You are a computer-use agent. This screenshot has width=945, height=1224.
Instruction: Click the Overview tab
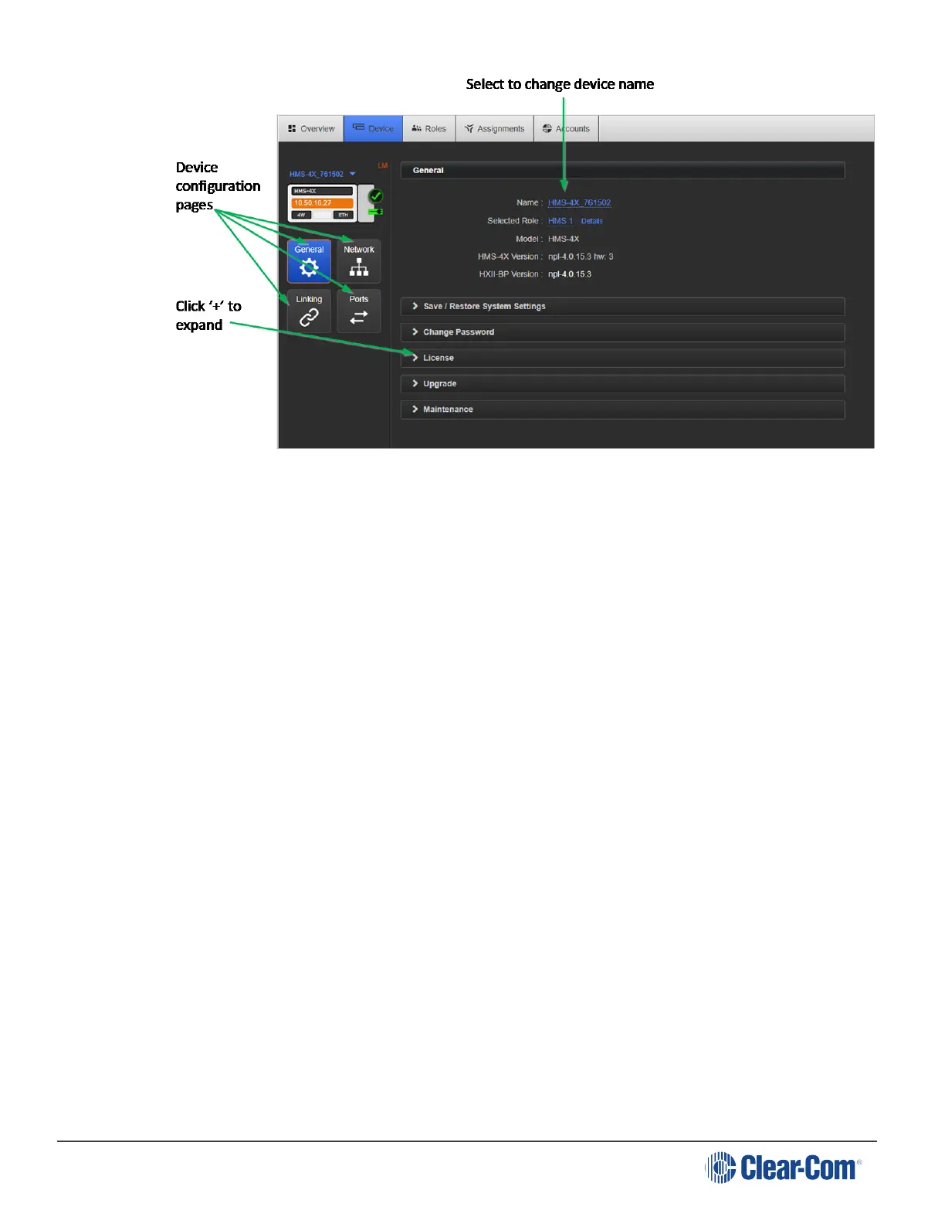coord(311,129)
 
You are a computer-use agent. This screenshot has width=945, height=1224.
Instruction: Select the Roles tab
coord(429,129)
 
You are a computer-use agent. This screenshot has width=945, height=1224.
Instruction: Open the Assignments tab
coord(495,129)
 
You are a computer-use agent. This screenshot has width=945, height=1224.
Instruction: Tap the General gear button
coord(309,261)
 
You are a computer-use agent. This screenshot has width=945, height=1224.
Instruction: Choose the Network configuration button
coord(359,261)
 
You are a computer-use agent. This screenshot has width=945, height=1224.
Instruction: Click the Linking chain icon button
coord(309,311)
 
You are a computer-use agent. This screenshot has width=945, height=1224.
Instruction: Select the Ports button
coord(359,311)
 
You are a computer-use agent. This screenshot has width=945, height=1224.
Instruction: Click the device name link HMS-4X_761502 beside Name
coord(579,203)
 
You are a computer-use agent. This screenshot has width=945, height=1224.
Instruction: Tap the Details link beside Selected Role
coord(591,221)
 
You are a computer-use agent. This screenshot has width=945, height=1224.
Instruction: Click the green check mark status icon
coord(376,196)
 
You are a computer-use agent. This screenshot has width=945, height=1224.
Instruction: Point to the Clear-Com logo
coord(783,1168)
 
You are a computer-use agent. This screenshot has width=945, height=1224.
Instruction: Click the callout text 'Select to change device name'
coord(560,84)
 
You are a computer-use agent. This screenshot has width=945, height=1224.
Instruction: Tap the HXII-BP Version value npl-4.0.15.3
coord(570,274)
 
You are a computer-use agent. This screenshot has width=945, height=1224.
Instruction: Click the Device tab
coord(374,129)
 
